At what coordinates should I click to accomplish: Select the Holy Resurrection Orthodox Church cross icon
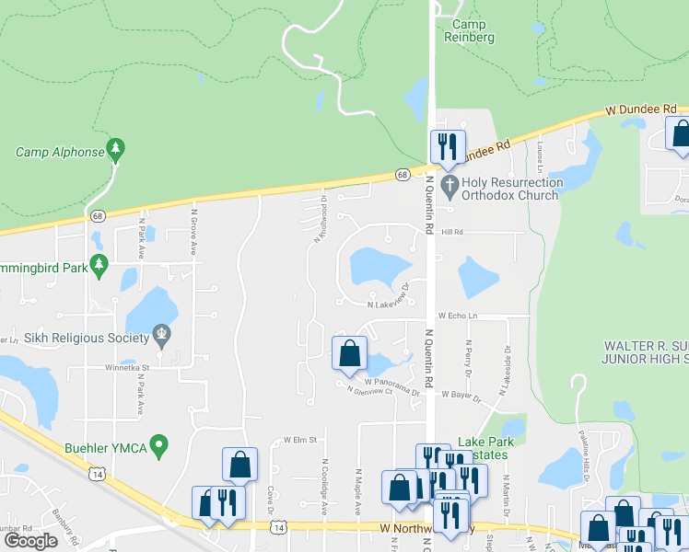point(449,187)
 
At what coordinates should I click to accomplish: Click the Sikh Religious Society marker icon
point(162,332)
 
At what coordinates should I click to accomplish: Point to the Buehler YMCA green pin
point(159,448)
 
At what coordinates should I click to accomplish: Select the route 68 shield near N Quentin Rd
point(403,174)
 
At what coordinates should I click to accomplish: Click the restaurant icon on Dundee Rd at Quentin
point(447,145)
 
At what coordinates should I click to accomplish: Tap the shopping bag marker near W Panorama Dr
point(349,352)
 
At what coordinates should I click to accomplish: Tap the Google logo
point(31,540)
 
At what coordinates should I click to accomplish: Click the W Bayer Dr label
point(462,394)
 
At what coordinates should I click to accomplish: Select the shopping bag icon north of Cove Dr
point(239,465)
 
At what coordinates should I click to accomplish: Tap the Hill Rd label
point(449,233)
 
